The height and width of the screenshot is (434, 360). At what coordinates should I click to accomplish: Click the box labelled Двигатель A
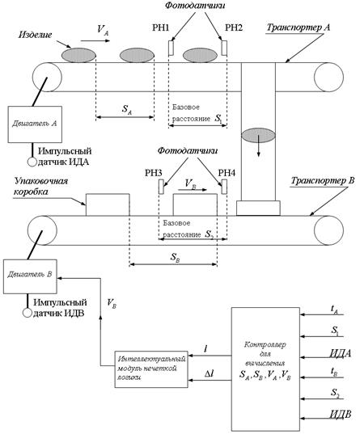pos(35,124)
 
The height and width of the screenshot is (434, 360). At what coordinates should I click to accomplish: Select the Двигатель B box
pos(30,276)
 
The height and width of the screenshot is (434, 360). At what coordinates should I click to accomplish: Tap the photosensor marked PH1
pos(172,48)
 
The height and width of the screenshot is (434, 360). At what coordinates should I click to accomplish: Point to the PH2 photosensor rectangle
pos(224,48)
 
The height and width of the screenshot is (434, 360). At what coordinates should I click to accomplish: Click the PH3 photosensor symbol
pos(161,187)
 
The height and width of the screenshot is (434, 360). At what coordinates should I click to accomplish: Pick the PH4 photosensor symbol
pos(224,187)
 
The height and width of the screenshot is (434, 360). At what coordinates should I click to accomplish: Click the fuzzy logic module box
pos(151,369)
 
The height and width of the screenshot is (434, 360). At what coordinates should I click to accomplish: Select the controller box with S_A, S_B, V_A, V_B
pos(265,369)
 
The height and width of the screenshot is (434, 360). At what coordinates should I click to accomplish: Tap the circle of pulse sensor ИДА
pos(32,162)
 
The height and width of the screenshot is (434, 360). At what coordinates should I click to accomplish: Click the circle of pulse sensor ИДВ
pos(28,313)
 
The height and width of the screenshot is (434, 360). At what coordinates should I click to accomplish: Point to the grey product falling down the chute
pos(258,136)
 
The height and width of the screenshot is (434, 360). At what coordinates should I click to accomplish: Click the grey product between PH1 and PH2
pos(200,55)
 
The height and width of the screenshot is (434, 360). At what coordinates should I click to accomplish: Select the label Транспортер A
pos(299,27)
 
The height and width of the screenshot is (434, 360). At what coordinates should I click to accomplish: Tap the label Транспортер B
pos(323,181)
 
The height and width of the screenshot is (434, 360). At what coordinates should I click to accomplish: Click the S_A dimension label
pos(127,109)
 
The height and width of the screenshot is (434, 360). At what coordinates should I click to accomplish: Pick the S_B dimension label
pos(176,258)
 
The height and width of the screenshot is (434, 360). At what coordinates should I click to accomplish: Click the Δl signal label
pos(209,374)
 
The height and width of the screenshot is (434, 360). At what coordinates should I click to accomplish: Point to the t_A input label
pos(334,310)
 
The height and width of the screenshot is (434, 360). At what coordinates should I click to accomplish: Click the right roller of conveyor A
pos(328,78)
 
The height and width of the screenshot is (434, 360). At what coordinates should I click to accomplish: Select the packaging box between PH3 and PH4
pos(195,204)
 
